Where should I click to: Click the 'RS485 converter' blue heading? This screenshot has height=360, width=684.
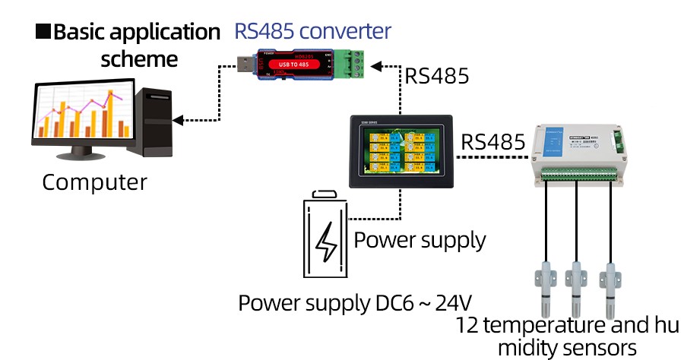click(x=312, y=31)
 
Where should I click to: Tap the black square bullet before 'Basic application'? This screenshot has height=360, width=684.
click(x=43, y=32)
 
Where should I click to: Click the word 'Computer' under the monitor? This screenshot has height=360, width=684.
click(x=94, y=182)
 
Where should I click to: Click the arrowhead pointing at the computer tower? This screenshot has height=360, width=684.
click(x=179, y=119)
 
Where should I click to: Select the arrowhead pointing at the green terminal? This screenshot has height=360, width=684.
click(x=384, y=65)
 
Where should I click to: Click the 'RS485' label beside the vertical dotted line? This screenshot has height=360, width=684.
click(x=436, y=77)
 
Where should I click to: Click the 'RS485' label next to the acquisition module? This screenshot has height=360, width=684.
click(x=493, y=142)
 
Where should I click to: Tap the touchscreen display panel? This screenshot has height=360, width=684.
click(x=401, y=150)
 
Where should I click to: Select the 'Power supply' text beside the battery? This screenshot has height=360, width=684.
click(x=420, y=240)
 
